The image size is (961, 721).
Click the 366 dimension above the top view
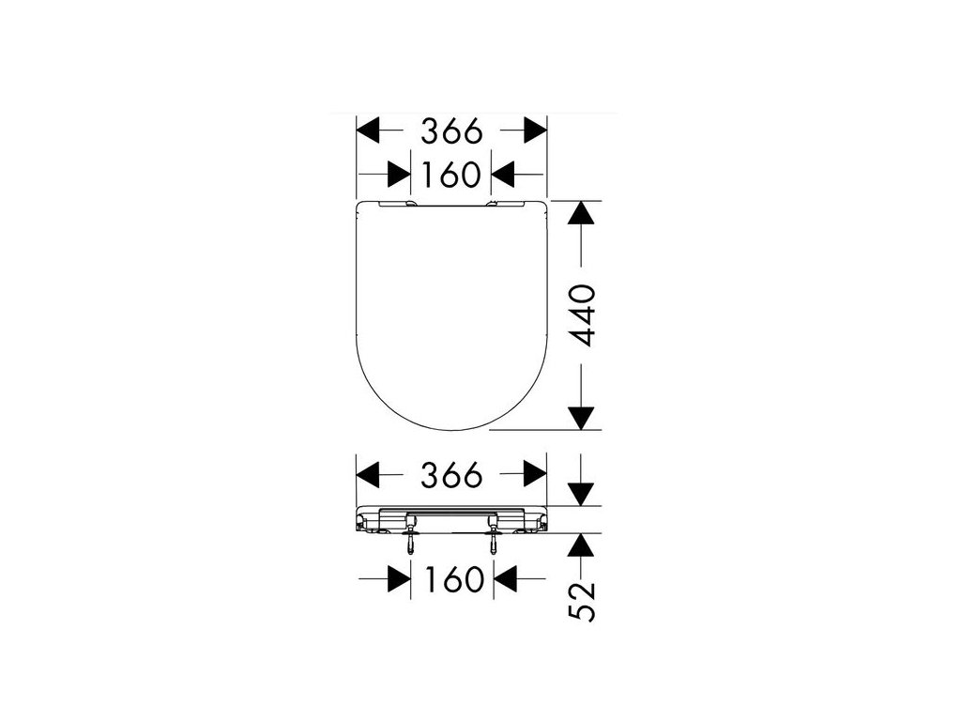click(x=450, y=130)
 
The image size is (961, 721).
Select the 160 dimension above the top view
click(x=450, y=175)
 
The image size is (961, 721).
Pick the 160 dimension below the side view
click(x=450, y=579)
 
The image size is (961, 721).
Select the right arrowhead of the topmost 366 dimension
click(x=535, y=130)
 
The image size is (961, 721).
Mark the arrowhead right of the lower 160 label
click(x=504, y=579)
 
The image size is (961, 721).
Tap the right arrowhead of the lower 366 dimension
click(x=535, y=474)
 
